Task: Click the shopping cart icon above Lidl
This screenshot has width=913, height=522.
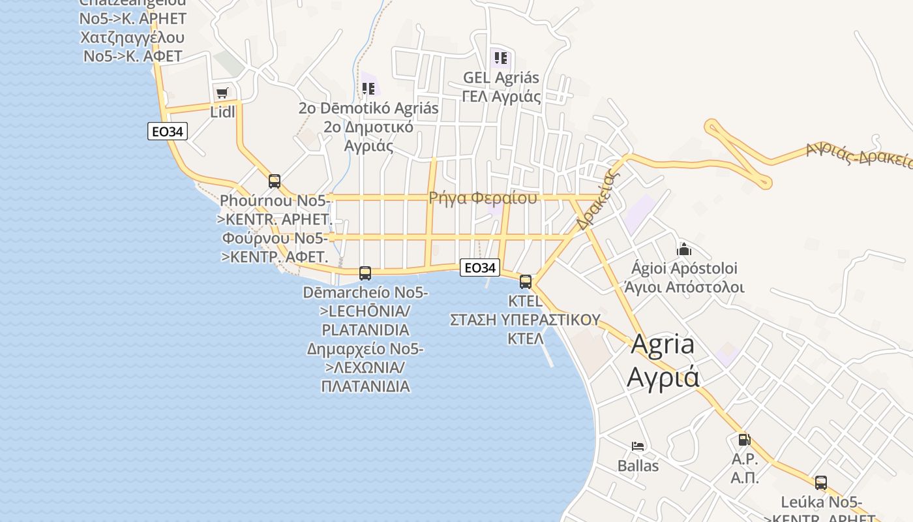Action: tap(222, 93)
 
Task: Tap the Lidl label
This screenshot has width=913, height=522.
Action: tap(222, 112)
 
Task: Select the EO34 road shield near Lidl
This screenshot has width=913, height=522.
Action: tap(168, 132)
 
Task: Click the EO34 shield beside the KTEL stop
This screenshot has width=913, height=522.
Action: tap(480, 268)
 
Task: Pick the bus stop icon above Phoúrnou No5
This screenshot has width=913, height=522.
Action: tap(275, 181)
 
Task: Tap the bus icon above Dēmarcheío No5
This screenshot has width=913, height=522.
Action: tap(365, 273)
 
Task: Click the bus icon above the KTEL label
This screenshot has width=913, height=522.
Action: tap(526, 282)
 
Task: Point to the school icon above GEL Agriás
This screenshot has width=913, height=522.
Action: tap(501, 58)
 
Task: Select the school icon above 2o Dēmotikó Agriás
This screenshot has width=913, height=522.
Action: tap(368, 88)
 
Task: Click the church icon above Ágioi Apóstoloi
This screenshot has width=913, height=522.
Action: tap(683, 249)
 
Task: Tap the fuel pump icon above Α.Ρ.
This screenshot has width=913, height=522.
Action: tap(744, 440)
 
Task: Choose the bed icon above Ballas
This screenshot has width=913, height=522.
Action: tap(638, 446)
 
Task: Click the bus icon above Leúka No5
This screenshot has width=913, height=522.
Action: tap(821, 483)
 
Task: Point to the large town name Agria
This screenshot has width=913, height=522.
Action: tap(663, 345)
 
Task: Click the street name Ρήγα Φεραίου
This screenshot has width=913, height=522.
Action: tap(483, 198)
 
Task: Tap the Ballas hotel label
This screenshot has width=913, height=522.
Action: tap(638, 466)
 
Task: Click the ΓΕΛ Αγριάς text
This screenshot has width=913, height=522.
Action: tap(501, 97)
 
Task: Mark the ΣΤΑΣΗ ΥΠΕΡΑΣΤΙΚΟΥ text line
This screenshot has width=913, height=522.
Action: tap(525, 320)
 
